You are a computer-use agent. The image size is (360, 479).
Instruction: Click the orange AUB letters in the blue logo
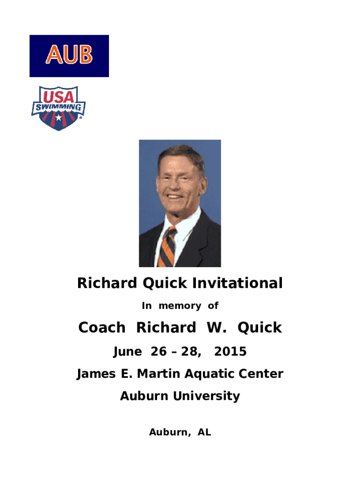tap(69, 54)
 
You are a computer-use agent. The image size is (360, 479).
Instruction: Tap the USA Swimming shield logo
tap(58, 108)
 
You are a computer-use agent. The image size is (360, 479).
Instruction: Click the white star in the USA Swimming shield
tap(58, 117)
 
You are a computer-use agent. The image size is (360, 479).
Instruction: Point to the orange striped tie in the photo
tap(167, 247)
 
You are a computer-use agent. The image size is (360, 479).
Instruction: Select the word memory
tap(180, 306)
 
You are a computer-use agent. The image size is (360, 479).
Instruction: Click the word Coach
tap(101, 327)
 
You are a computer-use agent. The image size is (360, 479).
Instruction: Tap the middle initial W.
tap(216, 327)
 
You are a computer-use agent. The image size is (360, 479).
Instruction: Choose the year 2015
tap(230, 351)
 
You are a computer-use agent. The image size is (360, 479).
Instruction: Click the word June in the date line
tap(127, 352)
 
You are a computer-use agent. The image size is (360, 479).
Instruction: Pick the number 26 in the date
tap(158, 351)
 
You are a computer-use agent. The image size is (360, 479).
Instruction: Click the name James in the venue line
tap(96, 374)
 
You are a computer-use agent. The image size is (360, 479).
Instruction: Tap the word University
tap(206, 396)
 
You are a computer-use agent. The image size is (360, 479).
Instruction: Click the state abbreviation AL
tap(204, 432)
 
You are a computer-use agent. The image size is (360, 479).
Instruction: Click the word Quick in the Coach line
tap(259, 327)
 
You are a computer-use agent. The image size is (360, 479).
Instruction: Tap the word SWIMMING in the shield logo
tap(58, 107)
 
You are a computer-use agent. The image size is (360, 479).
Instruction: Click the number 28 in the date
tap(190, 351)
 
